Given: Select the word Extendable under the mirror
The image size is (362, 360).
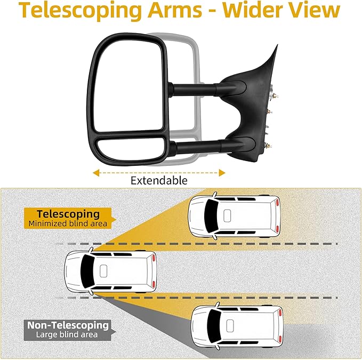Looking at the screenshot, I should pos(159,181).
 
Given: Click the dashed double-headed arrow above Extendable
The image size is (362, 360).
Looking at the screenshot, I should pos(159,172).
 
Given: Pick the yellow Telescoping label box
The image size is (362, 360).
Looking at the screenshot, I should pos(67,218).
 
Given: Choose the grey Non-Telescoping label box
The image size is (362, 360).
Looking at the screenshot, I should pos(67,329).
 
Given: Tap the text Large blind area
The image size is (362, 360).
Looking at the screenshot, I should pos(67,334).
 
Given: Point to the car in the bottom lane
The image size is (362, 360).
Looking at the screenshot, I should pos(237,325).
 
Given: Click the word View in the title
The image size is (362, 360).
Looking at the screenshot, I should pos(315,12).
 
